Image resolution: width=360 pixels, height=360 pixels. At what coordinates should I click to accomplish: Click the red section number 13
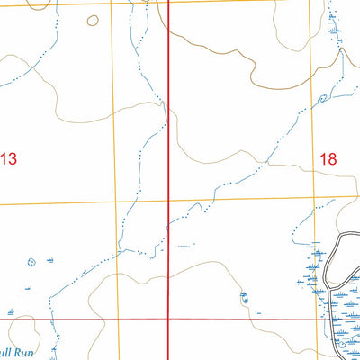tap(8, 159)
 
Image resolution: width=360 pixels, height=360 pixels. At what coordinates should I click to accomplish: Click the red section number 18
tap(327, 158)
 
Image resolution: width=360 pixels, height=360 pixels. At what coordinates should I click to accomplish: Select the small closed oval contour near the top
tap(92, 20)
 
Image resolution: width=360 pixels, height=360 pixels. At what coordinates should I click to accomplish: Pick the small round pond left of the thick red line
tap(32, 263)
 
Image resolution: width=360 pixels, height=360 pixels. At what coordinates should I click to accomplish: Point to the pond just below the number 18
tap(321, 99)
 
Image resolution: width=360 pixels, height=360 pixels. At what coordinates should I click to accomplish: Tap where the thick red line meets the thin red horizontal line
tap(172, 319)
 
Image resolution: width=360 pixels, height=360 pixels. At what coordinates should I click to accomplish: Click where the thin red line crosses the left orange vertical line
tap(120, 319)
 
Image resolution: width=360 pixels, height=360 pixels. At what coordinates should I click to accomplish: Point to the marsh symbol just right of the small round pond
tap(49, 260)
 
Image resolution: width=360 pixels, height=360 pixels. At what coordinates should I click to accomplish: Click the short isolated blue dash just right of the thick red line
tap(185, 245)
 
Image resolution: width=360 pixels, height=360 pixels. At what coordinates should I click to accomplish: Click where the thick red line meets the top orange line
tap(172, 2)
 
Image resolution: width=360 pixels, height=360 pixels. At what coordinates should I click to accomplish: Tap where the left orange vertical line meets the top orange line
tap(112, 3)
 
